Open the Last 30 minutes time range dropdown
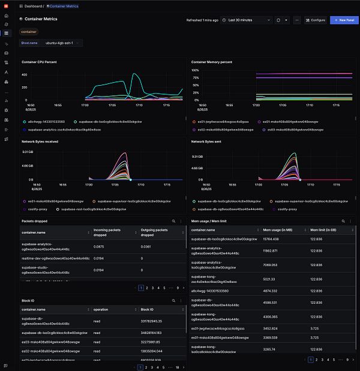click(x=247, y=20)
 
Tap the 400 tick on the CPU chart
click(x=24, y=75)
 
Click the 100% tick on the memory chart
click(x=195, y=70)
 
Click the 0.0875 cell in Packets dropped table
click(x=100, y=246)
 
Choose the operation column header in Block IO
click(x=100, y=309)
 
